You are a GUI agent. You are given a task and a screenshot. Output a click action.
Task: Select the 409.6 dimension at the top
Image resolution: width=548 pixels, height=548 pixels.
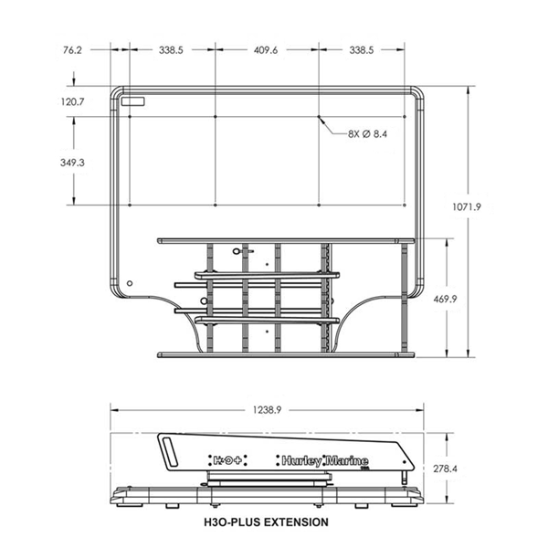(x=266, y=51)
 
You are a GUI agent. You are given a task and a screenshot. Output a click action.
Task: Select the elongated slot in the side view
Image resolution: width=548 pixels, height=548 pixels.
(x=171, y=451)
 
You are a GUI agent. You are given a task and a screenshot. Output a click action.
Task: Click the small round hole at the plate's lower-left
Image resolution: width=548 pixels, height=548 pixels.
(x=130, y=282)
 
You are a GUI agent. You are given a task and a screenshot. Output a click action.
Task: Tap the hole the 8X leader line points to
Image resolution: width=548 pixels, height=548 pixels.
(x=319, y=117)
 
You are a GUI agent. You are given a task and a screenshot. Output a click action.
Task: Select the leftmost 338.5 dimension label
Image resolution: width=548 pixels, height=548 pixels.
(x=170, y=51)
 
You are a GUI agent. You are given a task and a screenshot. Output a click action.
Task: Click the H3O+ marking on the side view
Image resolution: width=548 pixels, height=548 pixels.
(x=227, y=460)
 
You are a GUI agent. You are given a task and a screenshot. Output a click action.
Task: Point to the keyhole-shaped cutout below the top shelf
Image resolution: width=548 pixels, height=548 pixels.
(x=238, y=250)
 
